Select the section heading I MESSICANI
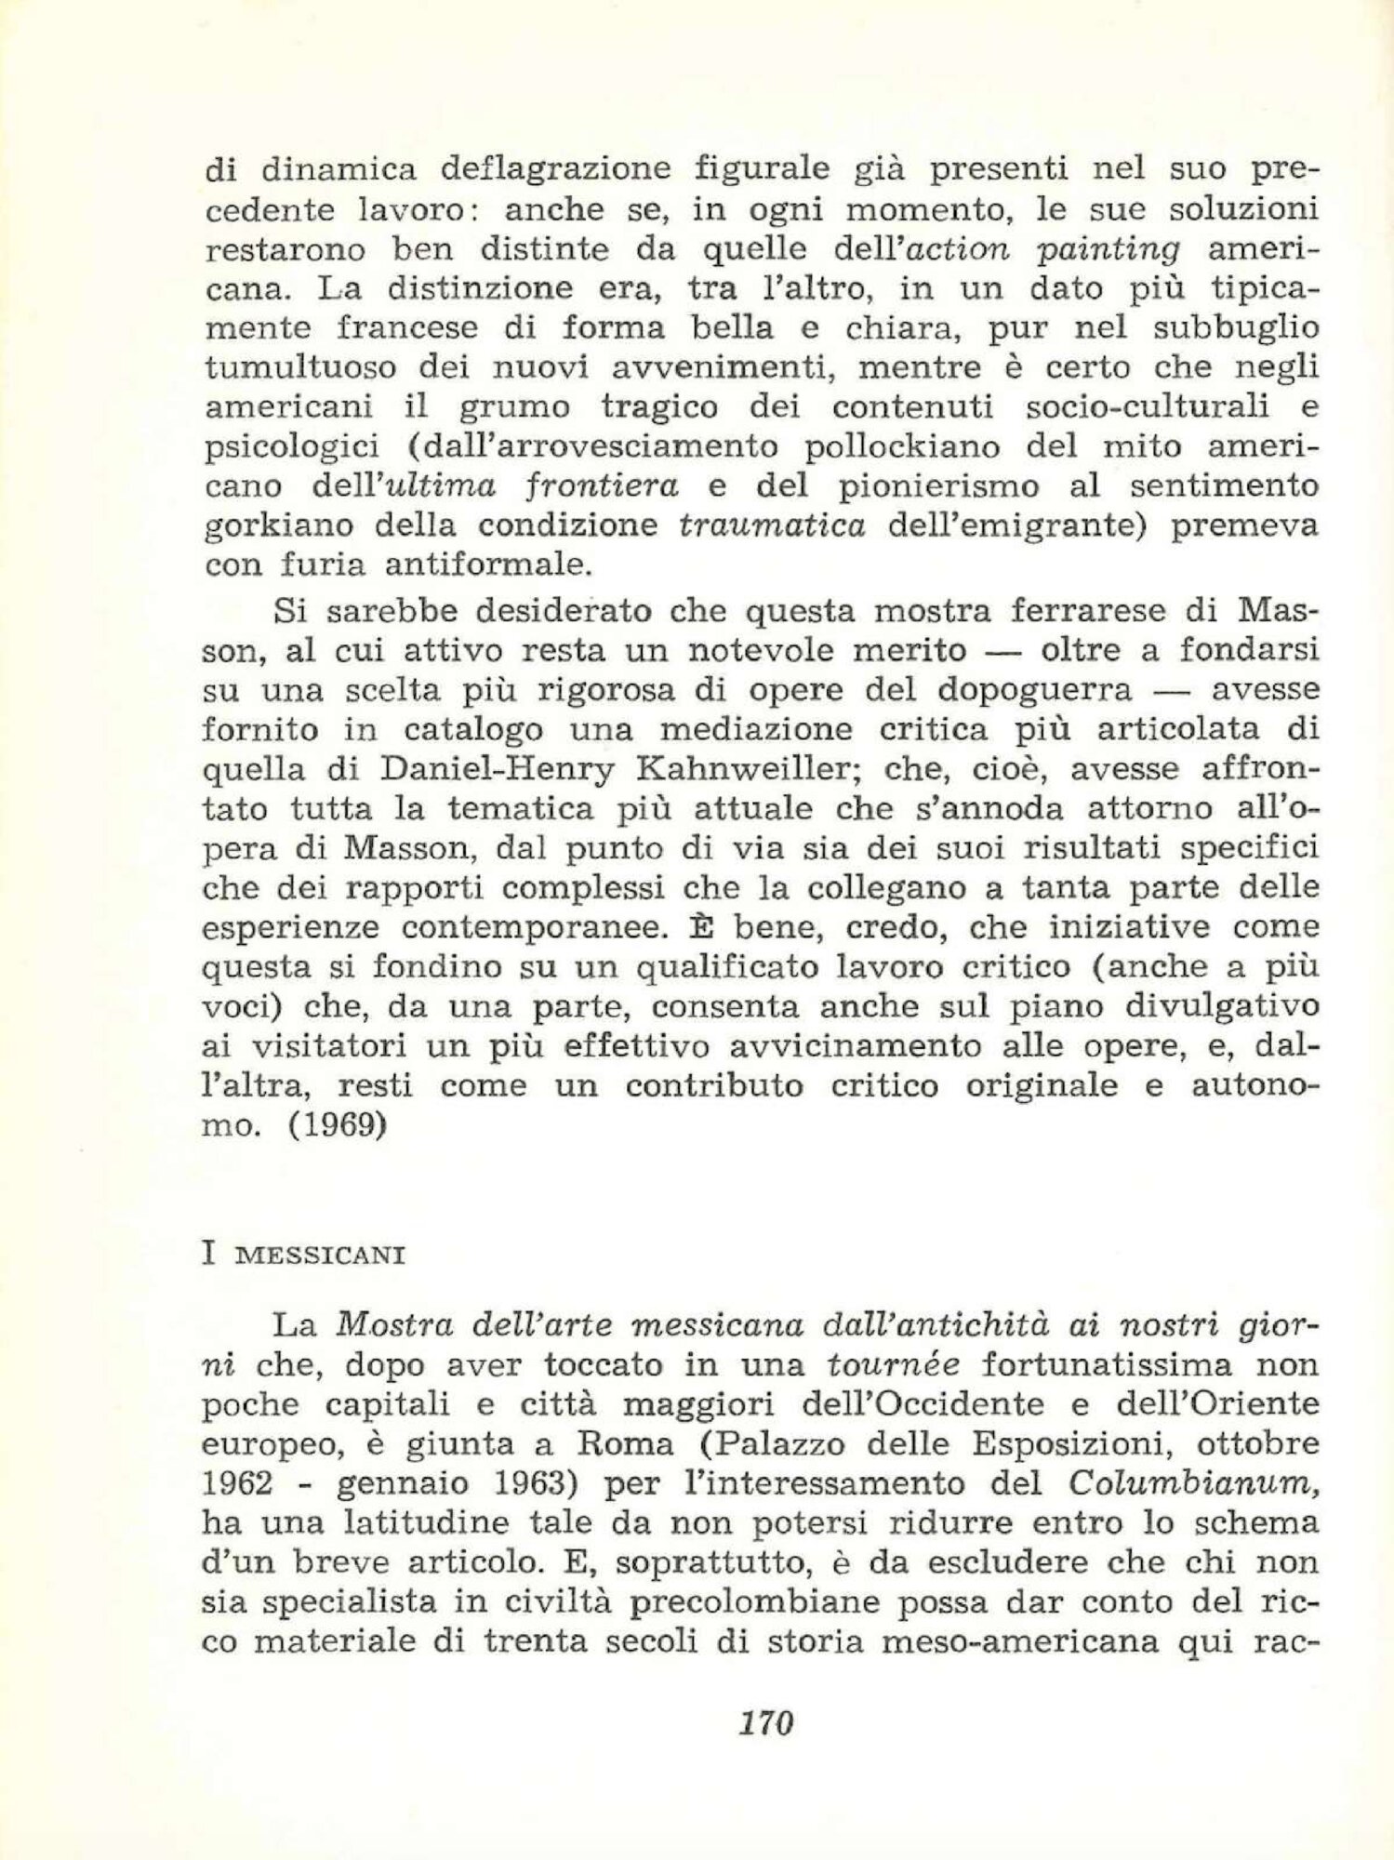[x=303, y=1255]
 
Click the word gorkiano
[x=277, y=526]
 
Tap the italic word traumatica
[x=772, y=526]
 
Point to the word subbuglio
[x=1235, y=328]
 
